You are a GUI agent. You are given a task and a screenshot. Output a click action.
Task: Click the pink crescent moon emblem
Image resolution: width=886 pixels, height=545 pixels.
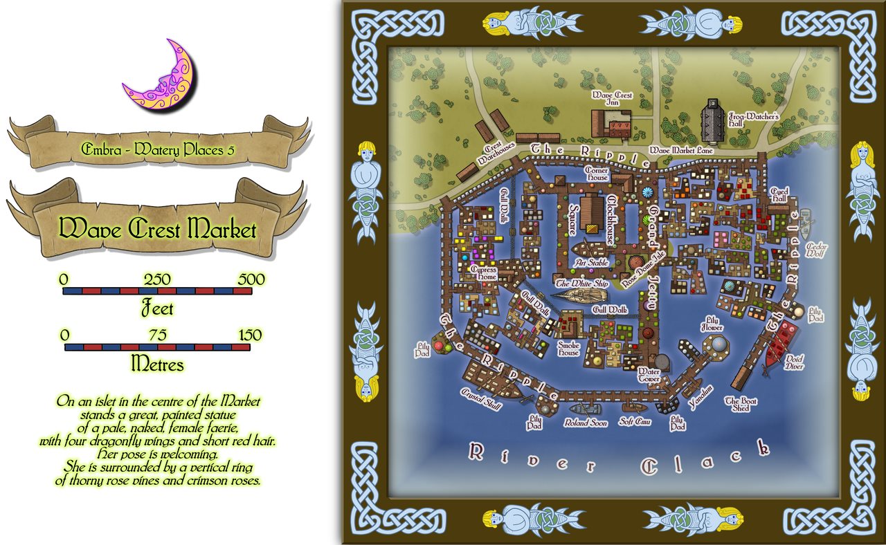click(x=159, y=77)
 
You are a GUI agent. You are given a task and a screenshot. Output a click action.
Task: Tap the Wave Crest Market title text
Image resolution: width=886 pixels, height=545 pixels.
click(x=157, y=230)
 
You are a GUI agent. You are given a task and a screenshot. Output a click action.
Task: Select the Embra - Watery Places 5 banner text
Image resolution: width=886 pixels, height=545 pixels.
click(x=157, y=149)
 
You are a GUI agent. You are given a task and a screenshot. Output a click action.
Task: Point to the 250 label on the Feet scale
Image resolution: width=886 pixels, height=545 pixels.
click(x=157, y=279)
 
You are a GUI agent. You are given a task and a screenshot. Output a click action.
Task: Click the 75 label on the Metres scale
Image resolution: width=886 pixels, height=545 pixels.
click(x=157, y=335)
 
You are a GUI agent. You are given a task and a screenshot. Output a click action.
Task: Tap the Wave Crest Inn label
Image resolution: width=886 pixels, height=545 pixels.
click(x=612, y=99)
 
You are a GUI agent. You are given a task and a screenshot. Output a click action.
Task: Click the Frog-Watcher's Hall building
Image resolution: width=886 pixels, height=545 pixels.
click(x=712, y=124)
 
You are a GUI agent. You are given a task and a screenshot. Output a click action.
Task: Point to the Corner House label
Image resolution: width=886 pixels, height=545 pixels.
click(x=597, y=174)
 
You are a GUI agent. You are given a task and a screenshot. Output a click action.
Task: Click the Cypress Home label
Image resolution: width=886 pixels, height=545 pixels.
click(x=483, y=273)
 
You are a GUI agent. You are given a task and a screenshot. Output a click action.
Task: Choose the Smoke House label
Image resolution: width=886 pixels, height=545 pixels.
click(x=568, y=348)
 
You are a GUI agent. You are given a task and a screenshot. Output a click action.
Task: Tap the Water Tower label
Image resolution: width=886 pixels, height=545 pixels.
click(x=649, y=375)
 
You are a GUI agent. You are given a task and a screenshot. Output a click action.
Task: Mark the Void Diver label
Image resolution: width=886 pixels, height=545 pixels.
click(x=794, y=362)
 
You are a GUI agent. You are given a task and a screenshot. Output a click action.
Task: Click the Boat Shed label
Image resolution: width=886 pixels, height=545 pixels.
click(x=737, y=404)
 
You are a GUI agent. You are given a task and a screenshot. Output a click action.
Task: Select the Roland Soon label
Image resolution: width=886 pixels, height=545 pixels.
click(x=585, y=422)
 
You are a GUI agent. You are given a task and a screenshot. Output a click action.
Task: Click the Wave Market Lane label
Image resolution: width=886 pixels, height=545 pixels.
click(x=680, y=150)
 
